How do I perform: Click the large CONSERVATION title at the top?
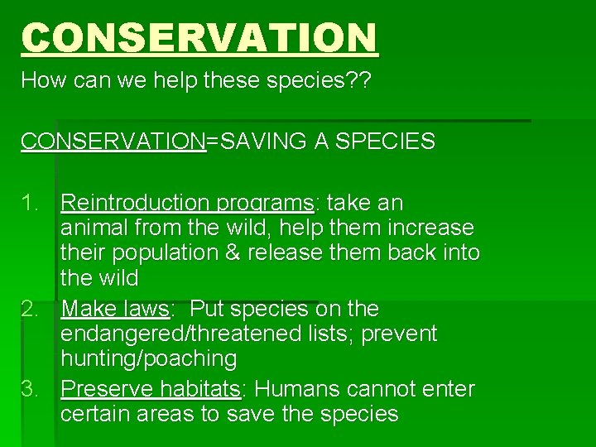coord(199,38)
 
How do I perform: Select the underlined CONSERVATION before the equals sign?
coord(113,142)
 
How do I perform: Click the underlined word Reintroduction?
coord(136,203)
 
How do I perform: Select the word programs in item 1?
coord(264,203)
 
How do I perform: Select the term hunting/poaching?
coord(148,359)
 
